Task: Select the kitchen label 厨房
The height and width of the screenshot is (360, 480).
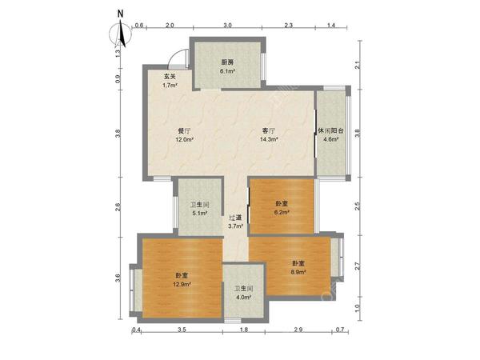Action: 227,62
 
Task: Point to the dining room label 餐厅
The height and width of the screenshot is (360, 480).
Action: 184,130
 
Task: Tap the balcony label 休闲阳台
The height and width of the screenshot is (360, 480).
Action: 330,130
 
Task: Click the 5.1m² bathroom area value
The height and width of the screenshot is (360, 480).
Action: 199,213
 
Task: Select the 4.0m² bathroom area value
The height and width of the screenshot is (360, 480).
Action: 243,298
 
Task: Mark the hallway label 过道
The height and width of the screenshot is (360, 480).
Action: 235,218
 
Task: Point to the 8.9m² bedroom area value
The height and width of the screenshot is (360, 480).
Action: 298,273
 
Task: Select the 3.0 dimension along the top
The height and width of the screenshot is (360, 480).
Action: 227,26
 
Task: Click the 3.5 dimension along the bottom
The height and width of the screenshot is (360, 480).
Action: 182,330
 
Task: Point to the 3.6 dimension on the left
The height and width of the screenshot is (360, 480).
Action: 118,278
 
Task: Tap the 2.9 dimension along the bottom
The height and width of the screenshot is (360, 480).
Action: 298,330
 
